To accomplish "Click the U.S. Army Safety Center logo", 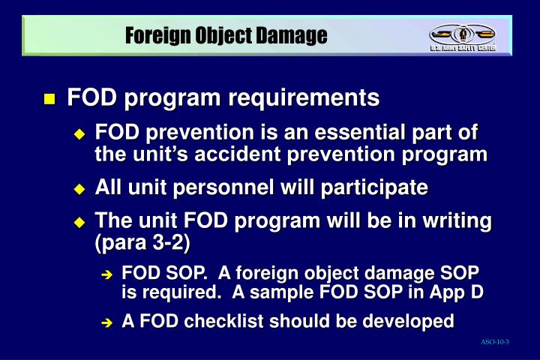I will point(462,36).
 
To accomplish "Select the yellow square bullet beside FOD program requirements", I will point(49,99).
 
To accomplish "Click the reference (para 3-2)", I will point(142,243).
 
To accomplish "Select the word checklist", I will point(223,321).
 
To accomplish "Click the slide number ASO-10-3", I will point(495,342).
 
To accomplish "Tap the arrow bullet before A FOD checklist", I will point(106,322).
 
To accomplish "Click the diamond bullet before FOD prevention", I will point(80,134).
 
